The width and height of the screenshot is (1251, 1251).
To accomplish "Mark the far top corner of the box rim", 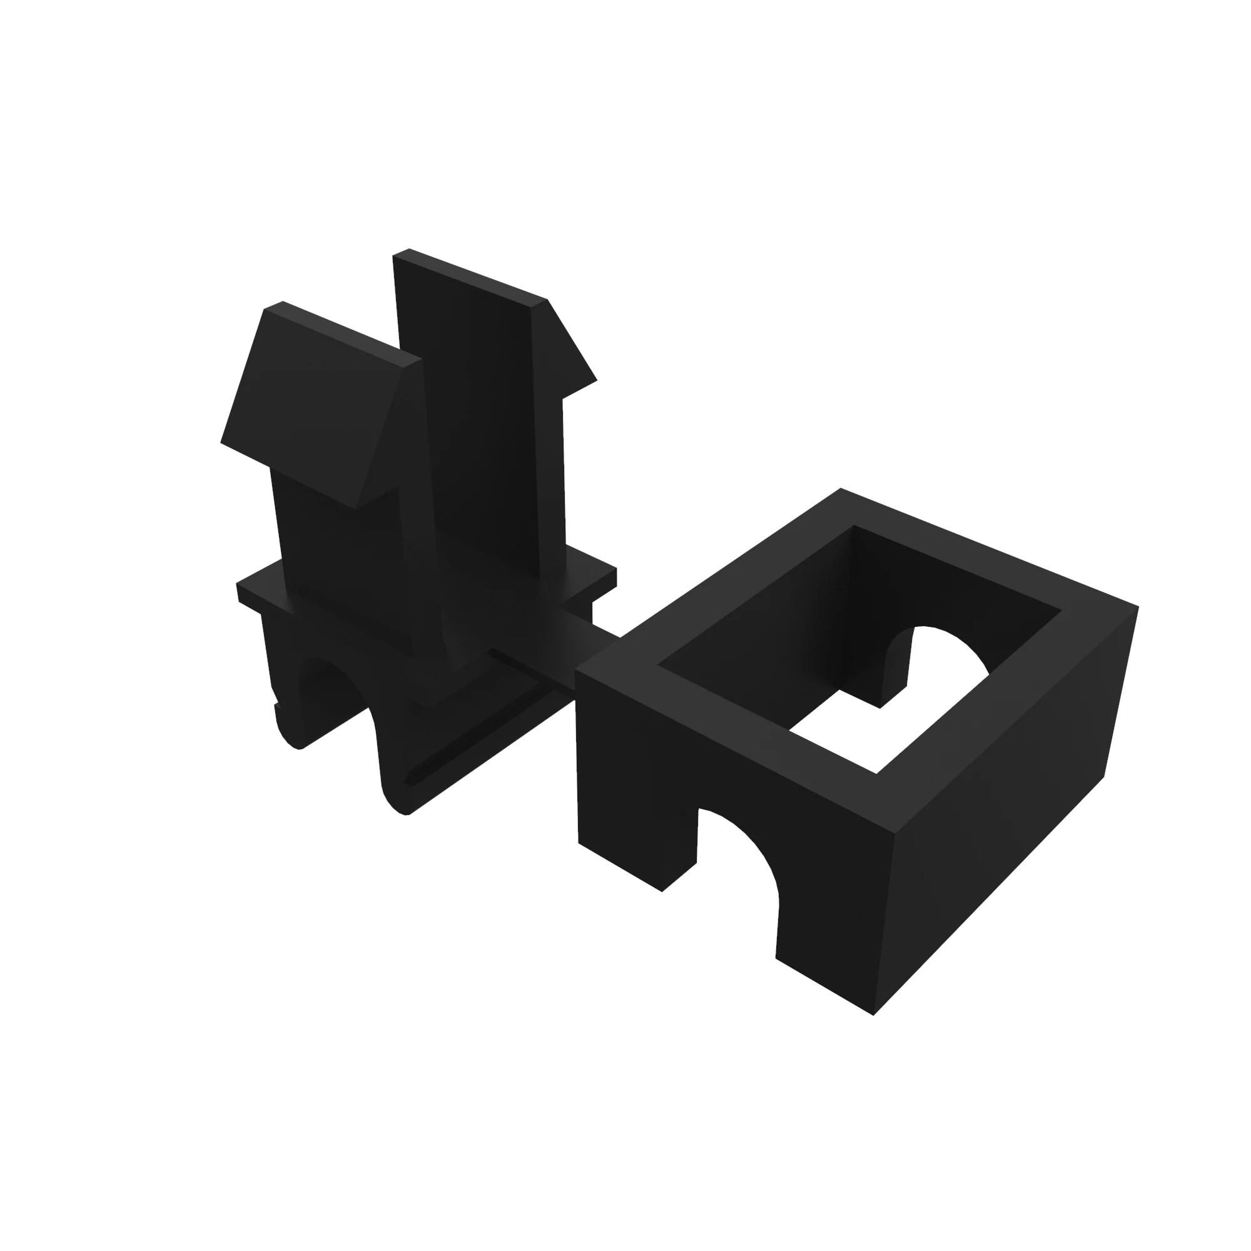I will pyautogui.click(x=841, y=490).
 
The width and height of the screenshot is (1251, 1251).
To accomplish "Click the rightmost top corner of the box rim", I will pyautogui.click(x=1137, y=607).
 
